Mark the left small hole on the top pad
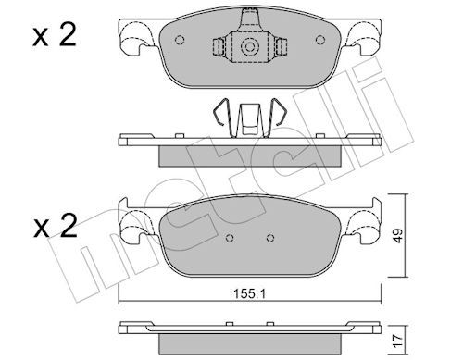pos(180,40)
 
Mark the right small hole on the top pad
pos(320,40)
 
